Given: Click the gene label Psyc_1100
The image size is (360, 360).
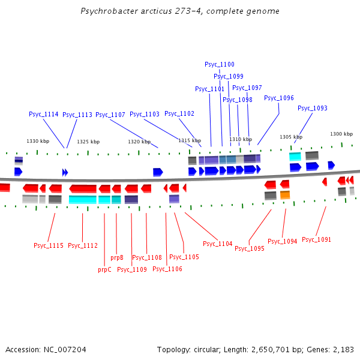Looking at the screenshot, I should click(x=220, y=64).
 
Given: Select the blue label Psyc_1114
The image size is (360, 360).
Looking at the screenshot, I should click(x=44, y=114).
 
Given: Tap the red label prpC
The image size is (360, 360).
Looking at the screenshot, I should click(x=104, y=269).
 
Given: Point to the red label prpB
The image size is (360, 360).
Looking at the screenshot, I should click(x=117, y=257).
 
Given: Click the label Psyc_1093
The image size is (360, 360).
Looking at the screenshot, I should click(x=313, y=108).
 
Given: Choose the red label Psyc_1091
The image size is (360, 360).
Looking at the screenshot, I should click(x=316, y=239).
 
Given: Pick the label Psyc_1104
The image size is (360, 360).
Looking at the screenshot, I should click(x=217, y=244).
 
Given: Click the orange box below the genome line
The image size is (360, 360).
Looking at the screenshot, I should click(x=285, y=195).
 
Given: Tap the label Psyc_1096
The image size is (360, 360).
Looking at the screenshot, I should click(x=279, y=98).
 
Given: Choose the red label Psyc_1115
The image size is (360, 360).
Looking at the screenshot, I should click(x=49, y=245).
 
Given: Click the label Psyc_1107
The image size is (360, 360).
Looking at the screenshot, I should click(x=110, y=115).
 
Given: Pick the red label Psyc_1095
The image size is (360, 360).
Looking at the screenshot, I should click(x=250, y=248).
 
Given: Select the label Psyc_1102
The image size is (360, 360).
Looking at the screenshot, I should click(x=179, y=113).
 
